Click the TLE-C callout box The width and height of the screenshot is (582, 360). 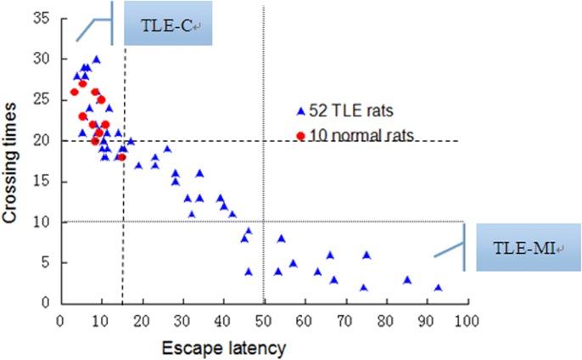tap(167, 24)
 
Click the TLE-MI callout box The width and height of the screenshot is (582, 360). tap(522, 247)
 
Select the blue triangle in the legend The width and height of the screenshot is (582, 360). tap(300, 111)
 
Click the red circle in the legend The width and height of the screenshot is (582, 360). tap(300, 134)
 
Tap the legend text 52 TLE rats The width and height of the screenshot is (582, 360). tap(350, 111)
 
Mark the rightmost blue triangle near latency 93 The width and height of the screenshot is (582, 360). tap(438, 288)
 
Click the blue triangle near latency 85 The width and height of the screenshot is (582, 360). tap(407, 279)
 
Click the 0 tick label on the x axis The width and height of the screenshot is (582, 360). tap(59, 320)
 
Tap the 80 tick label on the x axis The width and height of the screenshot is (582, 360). tap(384, 320)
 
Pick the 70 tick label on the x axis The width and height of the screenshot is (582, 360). tap(344, 320)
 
